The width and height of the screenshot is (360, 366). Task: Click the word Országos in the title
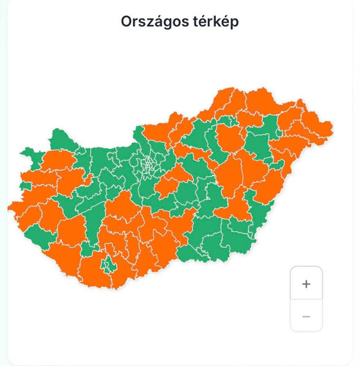(x=155, y=21)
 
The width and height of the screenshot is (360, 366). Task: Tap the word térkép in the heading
(x=214, y=21)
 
